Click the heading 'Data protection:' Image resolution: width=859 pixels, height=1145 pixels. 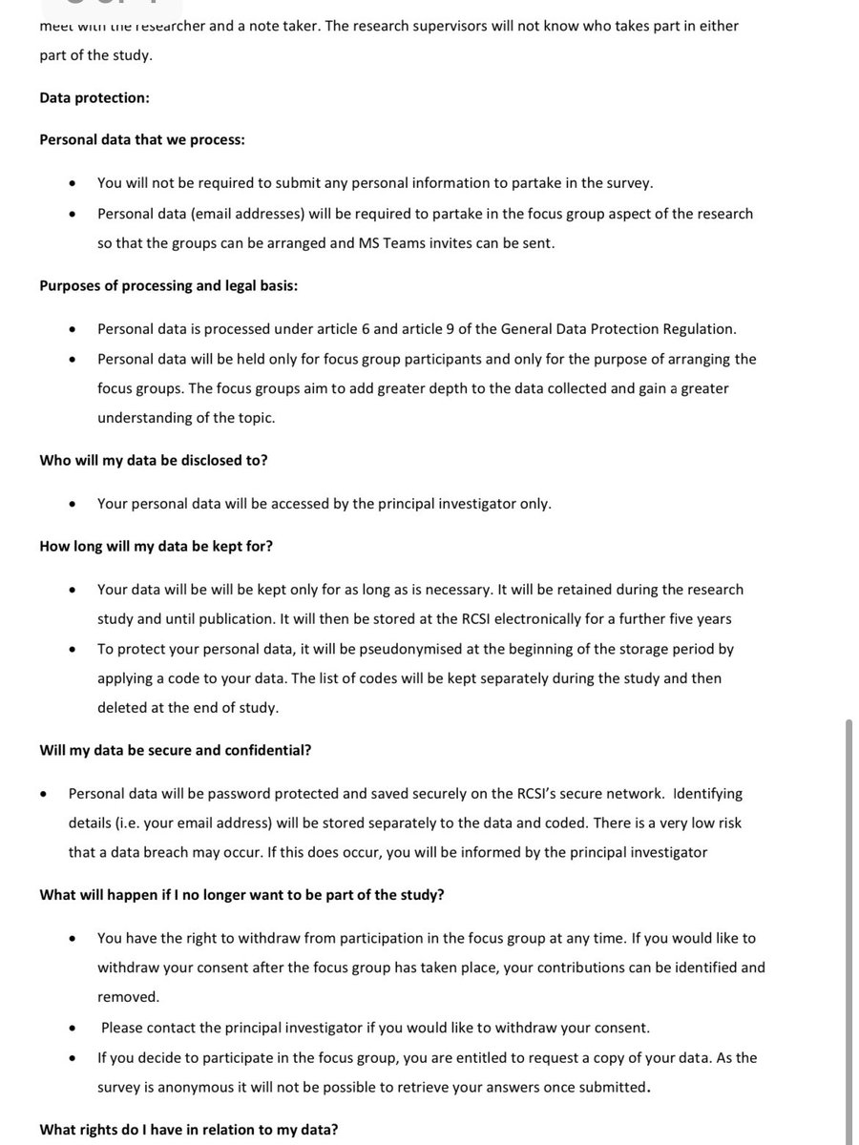coord(94,97)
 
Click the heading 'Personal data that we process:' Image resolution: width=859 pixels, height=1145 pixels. coord(142,139)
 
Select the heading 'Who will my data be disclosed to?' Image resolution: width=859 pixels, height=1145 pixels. coord(153,460)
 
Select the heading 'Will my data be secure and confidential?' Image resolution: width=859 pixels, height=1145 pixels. coord(175,750)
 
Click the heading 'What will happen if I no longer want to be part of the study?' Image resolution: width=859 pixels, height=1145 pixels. coord(241,895)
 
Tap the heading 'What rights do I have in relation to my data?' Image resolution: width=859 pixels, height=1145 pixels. coord(188,1130)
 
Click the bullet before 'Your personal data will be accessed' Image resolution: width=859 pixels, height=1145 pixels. coord(72,504)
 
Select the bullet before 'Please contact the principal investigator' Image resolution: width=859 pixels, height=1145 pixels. coord(72,1029)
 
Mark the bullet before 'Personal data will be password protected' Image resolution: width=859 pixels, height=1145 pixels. coord(43,794)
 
